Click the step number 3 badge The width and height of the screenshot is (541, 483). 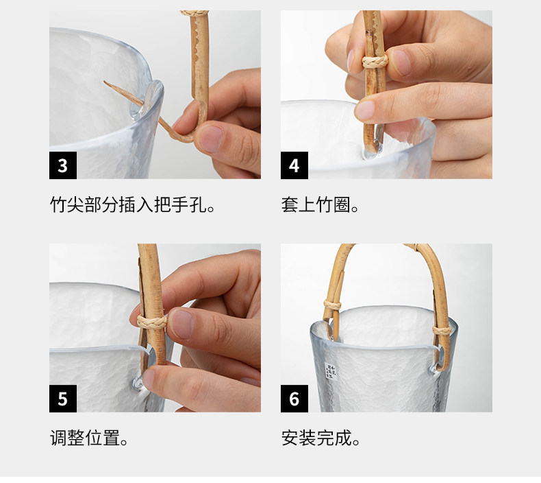coord(63,165)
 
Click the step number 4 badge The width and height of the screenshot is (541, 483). coord(294,165)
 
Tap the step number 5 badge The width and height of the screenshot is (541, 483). coord(63,399)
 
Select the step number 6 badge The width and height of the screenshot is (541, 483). coord(294,399)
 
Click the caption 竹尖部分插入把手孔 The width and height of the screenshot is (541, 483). coord(133,204)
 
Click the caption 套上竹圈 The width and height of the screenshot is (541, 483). coord(320,204)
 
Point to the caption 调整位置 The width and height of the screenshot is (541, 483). coord(89,438)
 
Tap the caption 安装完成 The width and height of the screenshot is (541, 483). coord(321,438)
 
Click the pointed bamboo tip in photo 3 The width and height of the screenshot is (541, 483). coord(105,82)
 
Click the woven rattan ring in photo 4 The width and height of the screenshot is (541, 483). coord(375,62)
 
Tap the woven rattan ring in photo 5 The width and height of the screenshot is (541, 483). coord(152,322)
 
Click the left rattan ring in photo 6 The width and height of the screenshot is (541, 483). coord(332,305)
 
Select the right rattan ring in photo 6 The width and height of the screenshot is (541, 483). coord(442,331)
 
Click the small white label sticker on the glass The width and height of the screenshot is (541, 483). coord(331,371)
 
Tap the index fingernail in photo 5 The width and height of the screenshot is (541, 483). coord(182,324)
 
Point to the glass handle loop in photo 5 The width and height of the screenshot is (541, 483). coord(138,384)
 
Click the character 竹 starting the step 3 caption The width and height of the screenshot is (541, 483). coord(58,204)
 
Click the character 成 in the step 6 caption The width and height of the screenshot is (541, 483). coord(342,438)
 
